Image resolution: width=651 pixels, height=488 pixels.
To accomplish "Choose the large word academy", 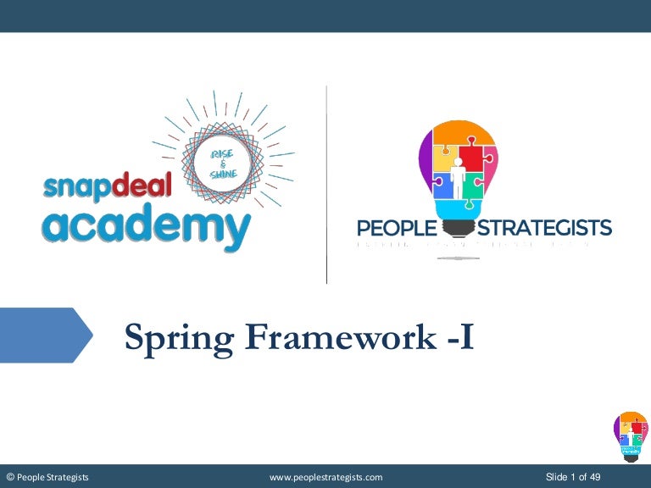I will [x=147, y=225].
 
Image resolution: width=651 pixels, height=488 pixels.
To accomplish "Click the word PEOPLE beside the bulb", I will [x=395, y=228].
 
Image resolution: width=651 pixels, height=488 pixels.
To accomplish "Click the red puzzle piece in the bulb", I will [x=471, y=158].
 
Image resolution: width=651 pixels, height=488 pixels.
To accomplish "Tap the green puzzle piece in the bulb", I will [x=472, y=184].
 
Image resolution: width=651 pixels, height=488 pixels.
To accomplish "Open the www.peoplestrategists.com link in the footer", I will [x=325, y=478].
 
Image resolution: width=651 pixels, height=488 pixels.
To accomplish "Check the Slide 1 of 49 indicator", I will [x=573, y=478].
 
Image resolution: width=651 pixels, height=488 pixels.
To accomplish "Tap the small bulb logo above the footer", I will [x=630, y=436].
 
